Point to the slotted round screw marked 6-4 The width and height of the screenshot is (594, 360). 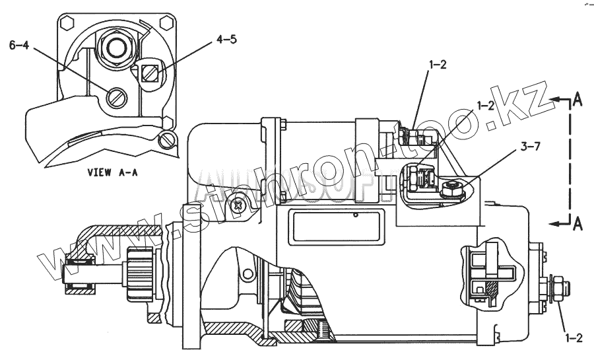[115, 98]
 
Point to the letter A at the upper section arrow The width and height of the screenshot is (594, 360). [577, 100]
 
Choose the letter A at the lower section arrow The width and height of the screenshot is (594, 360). [577, 224]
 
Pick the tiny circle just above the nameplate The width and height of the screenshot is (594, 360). [355, 214]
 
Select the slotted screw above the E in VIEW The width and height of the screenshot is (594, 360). [170, 140]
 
